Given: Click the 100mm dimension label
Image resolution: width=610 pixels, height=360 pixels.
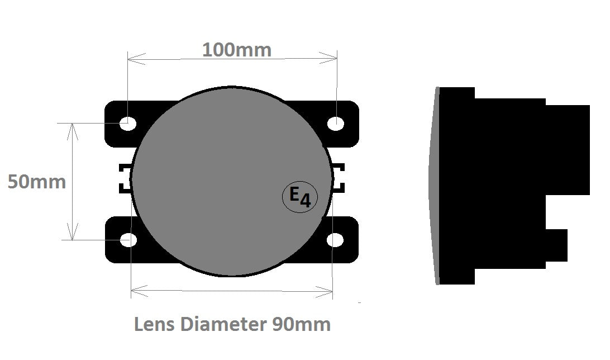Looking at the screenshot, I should (236, 50).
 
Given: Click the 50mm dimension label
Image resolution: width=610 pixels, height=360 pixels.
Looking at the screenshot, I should (37, 182).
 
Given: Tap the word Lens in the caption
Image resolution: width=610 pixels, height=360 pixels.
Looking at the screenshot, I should (155, 324).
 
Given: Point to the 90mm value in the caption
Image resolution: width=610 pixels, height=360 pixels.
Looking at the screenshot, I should (301, 324).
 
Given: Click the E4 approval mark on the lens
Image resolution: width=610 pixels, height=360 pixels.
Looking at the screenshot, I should (300, 197).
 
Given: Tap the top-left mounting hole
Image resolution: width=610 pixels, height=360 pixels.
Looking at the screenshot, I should (128, 122).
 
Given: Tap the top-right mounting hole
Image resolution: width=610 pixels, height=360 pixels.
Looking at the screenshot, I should (335, 124).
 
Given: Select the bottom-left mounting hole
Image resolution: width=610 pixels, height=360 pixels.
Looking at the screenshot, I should (128, 240).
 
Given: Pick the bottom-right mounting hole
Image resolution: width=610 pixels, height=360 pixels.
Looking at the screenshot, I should (335, 240).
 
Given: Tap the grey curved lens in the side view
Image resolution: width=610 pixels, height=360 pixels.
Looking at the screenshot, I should (433, 184).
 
